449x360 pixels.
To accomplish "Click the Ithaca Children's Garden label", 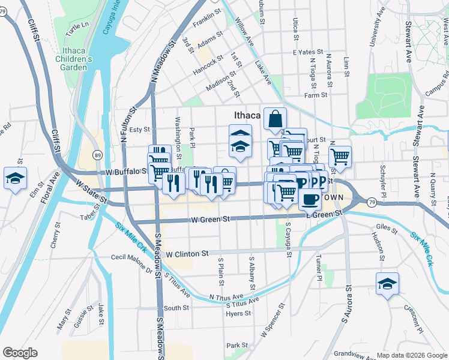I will tap(73, 59).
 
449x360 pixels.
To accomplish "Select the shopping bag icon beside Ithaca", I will tap(275, 119).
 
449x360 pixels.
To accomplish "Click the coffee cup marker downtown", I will tap(310, 198).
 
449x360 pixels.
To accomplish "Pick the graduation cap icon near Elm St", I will tap(16, 178).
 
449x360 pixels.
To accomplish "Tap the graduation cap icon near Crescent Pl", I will tap(387, 283).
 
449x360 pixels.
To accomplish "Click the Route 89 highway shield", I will tap(97, 155).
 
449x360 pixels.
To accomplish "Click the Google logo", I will tap(20, 352).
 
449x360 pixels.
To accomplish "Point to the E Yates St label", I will tap(308, 53).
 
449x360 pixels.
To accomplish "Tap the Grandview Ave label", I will tap(354, 353).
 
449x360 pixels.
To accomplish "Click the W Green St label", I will tap(210, 220).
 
